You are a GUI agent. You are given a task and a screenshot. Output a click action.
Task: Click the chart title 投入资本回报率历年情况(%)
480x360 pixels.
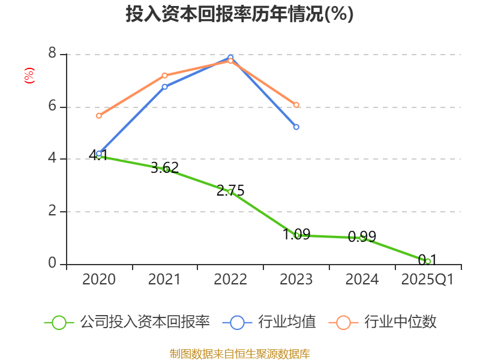coord(239,14)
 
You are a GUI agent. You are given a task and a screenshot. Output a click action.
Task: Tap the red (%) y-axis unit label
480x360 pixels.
coord(29,76)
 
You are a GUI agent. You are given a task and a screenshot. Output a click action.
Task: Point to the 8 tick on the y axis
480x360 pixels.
coord(52,54)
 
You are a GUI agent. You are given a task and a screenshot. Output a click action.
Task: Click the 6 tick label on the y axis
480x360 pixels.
coord(52,106)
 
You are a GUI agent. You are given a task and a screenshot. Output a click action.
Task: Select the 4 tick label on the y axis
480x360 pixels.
coord(52,158)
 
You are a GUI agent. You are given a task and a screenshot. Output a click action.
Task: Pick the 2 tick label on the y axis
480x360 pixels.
coord(52,211)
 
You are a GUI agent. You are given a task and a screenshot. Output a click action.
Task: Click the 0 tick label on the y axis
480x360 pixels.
coord(52,263)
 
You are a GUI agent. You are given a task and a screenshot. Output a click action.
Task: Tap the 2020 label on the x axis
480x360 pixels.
coord(99,280)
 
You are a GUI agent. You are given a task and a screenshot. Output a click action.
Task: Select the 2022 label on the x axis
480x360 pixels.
coord(230,280)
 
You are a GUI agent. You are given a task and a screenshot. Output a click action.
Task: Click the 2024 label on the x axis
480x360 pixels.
coord(362,280)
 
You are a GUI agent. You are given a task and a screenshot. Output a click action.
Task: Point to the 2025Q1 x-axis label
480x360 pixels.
coord(428,280)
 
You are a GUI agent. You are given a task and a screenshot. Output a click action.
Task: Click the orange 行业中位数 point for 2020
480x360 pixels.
coord(99,115)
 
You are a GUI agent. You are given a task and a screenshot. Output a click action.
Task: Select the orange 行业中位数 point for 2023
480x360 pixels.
coord(296,105)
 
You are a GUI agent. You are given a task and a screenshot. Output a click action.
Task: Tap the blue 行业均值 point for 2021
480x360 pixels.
coord(164,87)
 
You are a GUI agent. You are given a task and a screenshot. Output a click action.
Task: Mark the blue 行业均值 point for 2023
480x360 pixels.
coord(296,127)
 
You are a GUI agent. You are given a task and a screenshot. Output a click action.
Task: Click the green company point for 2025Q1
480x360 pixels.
coord(428,261)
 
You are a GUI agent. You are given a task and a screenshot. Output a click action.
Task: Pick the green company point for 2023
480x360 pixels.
coord(296,235)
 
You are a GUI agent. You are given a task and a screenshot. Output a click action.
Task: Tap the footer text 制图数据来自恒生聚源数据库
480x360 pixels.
coord(239,353)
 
